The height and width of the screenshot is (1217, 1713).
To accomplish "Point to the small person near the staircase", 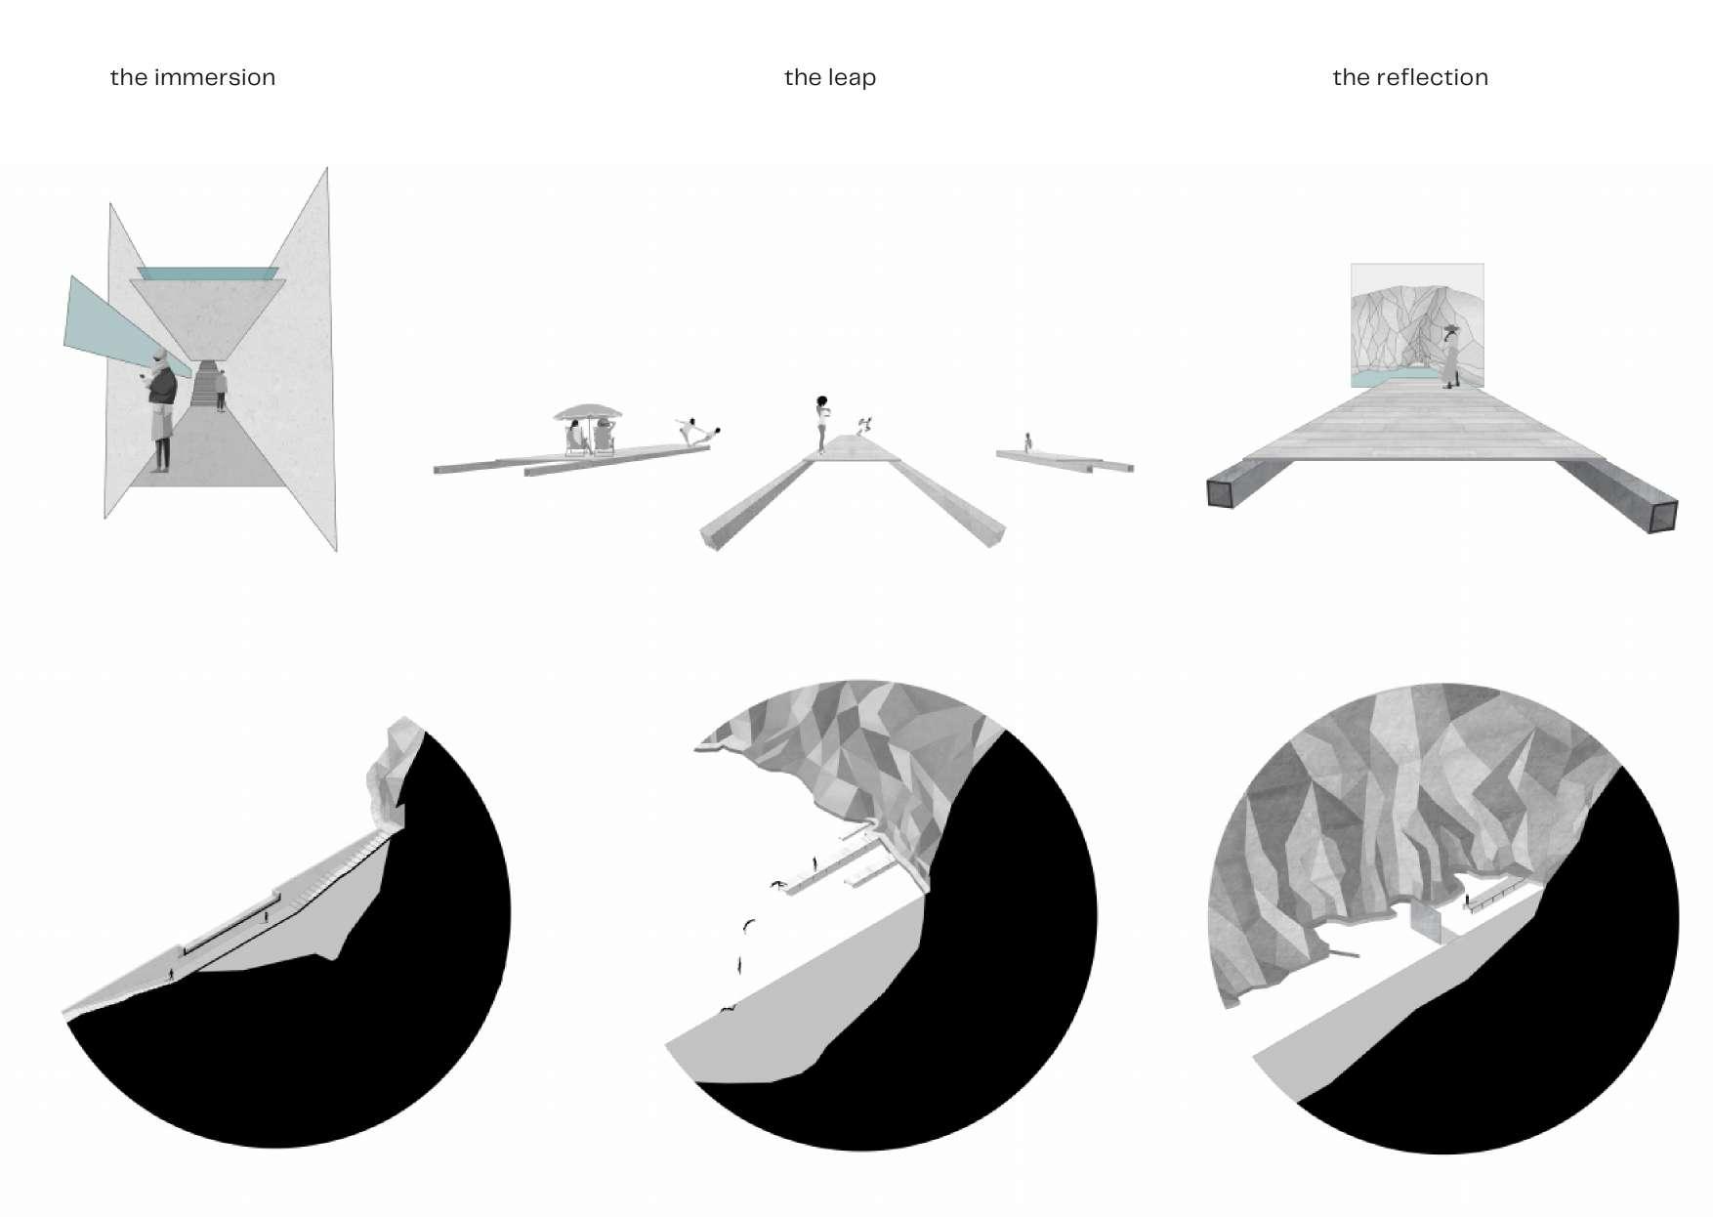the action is tap(222, 391).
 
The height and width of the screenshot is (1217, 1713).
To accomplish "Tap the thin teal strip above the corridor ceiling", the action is tap(207, 273).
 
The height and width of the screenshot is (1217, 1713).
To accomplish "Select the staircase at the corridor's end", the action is tap(205, 383).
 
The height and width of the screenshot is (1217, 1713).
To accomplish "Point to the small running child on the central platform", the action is tap(862, 426).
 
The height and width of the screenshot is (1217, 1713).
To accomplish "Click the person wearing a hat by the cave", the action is tap(1451, 356).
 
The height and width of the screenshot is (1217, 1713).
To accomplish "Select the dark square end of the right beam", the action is tap(1662, 516).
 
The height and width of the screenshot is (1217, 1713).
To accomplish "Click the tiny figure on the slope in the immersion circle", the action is tap(173, 974).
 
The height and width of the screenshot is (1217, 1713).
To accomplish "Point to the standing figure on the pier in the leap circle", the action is tap(815, 864).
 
